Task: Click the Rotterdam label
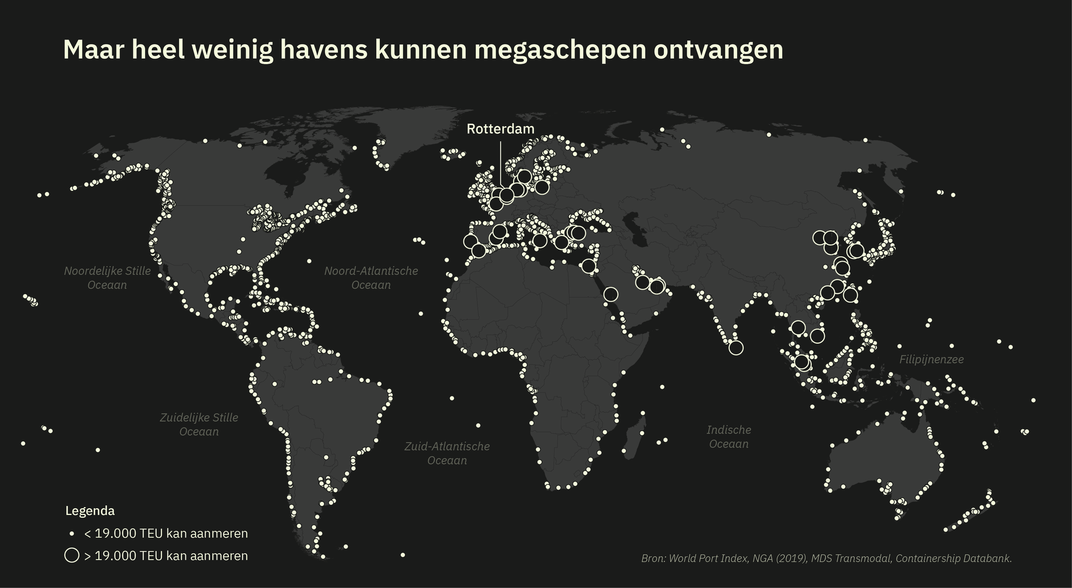click(x=500, y=129)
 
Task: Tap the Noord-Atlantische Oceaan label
click(x=371, y=278)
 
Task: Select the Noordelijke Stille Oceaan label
click(x=107, y=278)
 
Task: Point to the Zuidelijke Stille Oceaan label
click(x=199, y=425)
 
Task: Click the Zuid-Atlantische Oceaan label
click(x=447, y=454)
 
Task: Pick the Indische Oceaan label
click(x=729, y=437)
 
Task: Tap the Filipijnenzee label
click(x=931, y=360)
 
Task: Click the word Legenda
click(x=90, y=511)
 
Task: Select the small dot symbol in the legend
click(x=72, y=534)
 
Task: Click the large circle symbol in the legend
click(x=72, y=556)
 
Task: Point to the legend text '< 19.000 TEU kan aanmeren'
click(x=166, y=534)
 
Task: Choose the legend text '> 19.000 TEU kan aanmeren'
click(x=166, y=556)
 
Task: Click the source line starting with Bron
click(x=826, y=558)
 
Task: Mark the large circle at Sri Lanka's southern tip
click(x=736, y=348)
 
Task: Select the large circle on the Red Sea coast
click(x=611, y=294)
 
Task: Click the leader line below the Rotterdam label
click(x=501, y=162)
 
